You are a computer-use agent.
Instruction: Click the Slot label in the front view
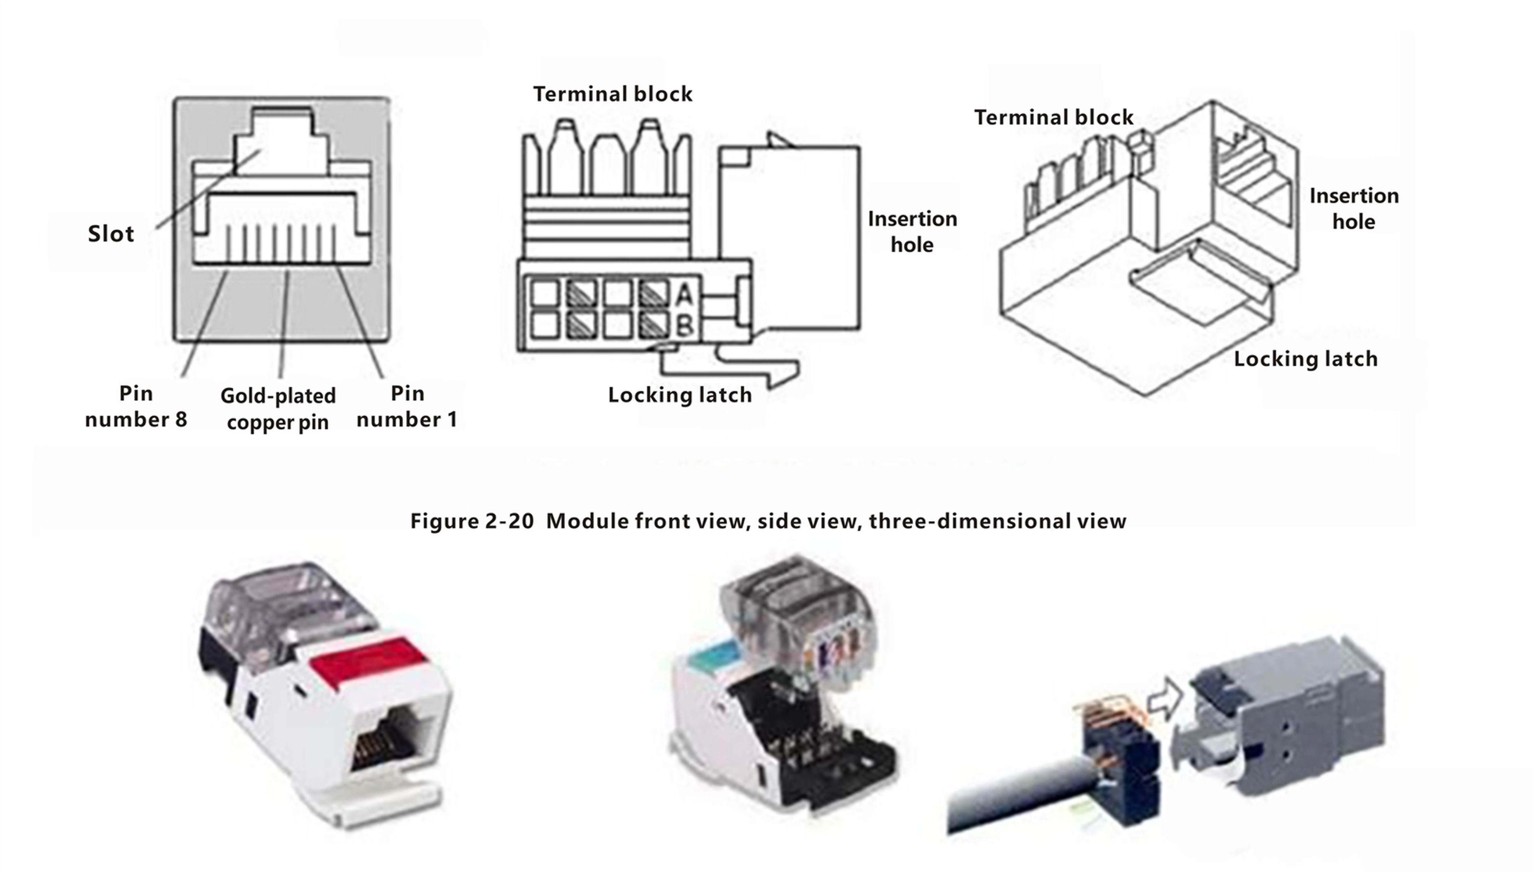click(x=111, y=234)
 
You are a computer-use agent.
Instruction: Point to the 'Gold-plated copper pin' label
click(x=278, y=409)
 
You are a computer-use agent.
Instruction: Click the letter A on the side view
click(x=685, y=295)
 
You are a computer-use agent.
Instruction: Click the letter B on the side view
click(x=685, y=326)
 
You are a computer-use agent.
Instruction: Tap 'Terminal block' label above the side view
click(x=612, y=94)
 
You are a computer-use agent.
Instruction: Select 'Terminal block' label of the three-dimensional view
click(x=1053, y=117)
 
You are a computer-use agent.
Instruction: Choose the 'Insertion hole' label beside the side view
click(x=912, y=232)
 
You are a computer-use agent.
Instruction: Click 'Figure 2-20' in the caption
click(x=471, y=521)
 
